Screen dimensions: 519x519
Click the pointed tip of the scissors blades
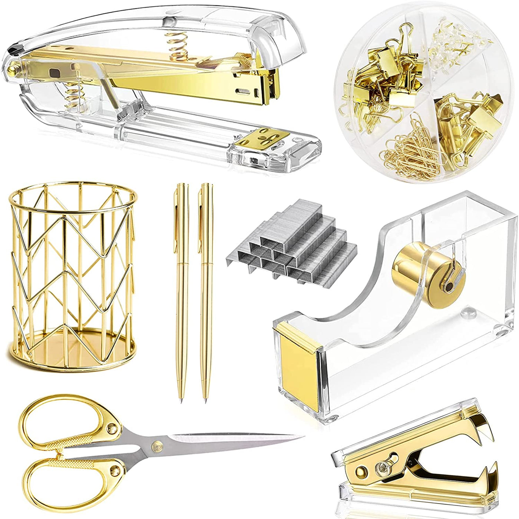coord(302,436)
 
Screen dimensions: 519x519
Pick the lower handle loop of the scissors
coord(67,482)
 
